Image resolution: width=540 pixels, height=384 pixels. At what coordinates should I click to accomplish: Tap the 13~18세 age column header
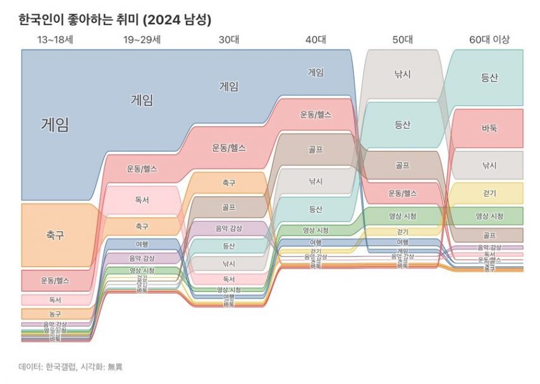point(54,40)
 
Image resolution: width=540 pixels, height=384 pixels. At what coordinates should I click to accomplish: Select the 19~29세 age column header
point(142,40)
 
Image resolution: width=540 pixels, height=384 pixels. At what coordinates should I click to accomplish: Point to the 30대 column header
point(228,40)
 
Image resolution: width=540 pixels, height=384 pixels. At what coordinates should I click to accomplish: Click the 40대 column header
point(316,40)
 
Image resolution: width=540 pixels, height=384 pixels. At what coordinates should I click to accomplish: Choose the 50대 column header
point(402,40)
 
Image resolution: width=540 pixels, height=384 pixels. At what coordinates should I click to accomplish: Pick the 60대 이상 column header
point(489,40)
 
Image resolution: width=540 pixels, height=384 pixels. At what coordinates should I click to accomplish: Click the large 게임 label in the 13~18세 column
point(54,124)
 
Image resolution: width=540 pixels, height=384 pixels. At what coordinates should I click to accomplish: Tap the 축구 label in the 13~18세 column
point(54,236)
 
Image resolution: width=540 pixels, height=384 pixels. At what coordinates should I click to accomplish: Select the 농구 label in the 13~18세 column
point(55,314)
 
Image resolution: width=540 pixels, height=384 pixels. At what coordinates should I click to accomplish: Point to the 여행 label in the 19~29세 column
point(142,244)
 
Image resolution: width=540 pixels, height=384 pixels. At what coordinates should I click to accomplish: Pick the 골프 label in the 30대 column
point(229,207)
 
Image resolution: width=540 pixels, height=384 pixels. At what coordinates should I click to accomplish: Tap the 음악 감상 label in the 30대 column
point(229,227)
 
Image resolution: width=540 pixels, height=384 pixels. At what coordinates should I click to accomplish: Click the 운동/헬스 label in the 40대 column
point(316,115)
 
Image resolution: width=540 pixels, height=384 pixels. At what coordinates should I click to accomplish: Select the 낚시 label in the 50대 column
point(403,75)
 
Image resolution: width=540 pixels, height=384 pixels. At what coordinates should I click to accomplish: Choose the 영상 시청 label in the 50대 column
point(403,216)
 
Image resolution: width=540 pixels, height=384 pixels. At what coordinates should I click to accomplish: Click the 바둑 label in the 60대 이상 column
point(489,128)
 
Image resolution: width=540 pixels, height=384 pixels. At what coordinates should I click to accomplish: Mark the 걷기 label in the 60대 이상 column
point(489,193)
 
